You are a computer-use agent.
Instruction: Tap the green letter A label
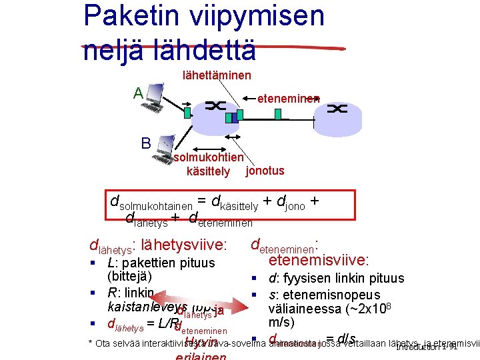[x=138, y=93]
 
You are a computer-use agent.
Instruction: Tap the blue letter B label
[x=145, y=142]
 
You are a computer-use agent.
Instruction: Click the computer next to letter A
[x=155, y=97]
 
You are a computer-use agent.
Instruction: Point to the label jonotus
[x=265, y=171]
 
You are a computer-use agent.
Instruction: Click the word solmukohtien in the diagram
[x=208, y=158]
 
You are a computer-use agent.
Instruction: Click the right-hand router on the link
[x=338, y=109]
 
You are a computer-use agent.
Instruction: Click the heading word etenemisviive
[x=319, y=260]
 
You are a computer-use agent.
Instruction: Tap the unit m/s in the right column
[x=281, y=322]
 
